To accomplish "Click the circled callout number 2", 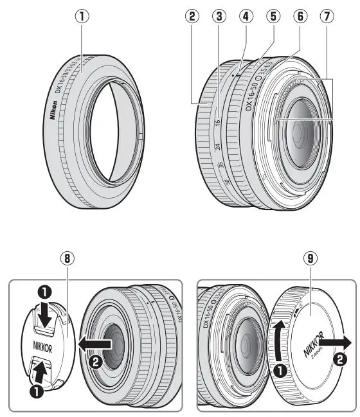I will pos(191,17).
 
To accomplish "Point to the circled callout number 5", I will pos(273,17).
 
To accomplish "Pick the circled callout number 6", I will pos(300,17).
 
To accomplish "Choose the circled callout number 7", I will pos(329,17).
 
